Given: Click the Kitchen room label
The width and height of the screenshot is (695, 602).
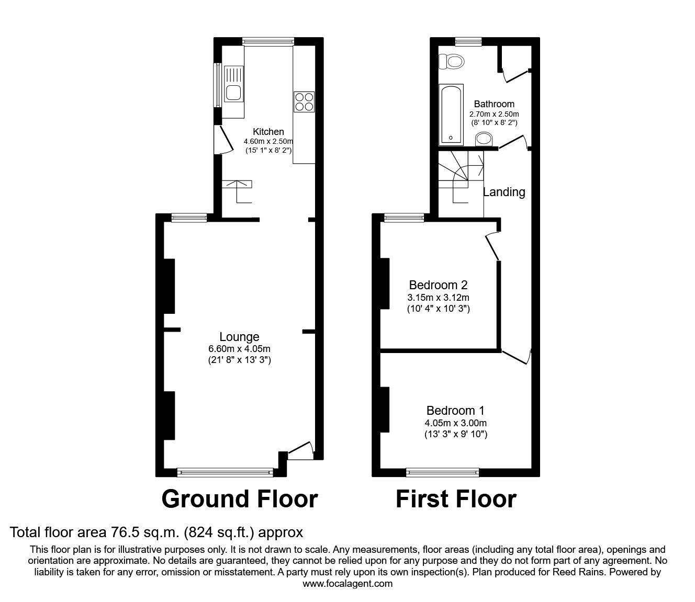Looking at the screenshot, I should (x=268, y=132).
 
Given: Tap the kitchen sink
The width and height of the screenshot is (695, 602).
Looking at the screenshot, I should (x=233, y=85).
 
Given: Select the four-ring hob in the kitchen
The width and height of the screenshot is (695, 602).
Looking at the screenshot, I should (x=304, y=101).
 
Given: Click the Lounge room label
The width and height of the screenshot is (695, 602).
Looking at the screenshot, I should (x=239, y=337).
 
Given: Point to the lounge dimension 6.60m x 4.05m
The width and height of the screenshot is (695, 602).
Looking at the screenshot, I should (x=239, y=349).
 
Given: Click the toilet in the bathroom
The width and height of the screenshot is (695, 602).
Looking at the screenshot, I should (x=452, y=62).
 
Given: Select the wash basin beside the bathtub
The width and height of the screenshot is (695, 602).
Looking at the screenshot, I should (x=484, y=139).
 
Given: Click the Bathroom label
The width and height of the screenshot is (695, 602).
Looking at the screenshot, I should (x=494, y=104).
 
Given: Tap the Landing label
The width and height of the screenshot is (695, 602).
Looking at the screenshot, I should (x=503, y=192).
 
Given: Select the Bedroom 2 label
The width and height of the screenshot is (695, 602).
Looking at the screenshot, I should (x=438, y=285).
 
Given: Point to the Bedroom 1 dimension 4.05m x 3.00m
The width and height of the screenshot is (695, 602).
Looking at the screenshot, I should (x=456, y=423).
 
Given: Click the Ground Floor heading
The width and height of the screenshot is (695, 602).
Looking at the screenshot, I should (x=239, y=499).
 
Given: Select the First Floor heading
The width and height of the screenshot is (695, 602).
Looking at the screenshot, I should (x=455, y=499).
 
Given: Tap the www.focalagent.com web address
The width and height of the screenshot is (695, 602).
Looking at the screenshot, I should (x=347, y=584).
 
